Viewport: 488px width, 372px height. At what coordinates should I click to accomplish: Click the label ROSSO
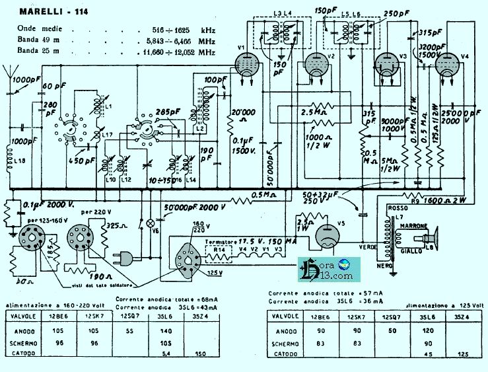400,209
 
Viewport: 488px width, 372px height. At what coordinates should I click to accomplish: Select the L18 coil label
19,161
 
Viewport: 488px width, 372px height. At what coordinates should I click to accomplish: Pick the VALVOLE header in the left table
24,316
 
